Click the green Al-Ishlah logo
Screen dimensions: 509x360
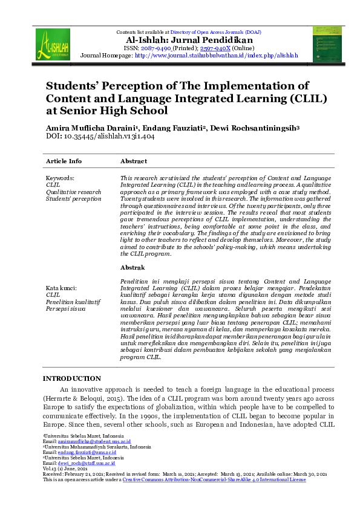click(x=52, y=44)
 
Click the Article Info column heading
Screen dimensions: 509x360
click(x=64, y=161)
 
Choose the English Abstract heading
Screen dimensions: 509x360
click(x=134, y=161)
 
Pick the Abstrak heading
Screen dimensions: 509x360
click(x=133, y=267)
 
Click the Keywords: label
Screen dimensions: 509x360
click(x=60, y=178)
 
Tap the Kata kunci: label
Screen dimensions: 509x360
click(x=62, y=288)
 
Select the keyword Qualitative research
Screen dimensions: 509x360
click(x=74, y=192)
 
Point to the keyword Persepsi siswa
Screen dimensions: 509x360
click(x=66, y=308)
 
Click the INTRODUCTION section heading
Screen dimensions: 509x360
click(x=71, y=378)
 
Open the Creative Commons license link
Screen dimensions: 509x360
click(x=214, y=479)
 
